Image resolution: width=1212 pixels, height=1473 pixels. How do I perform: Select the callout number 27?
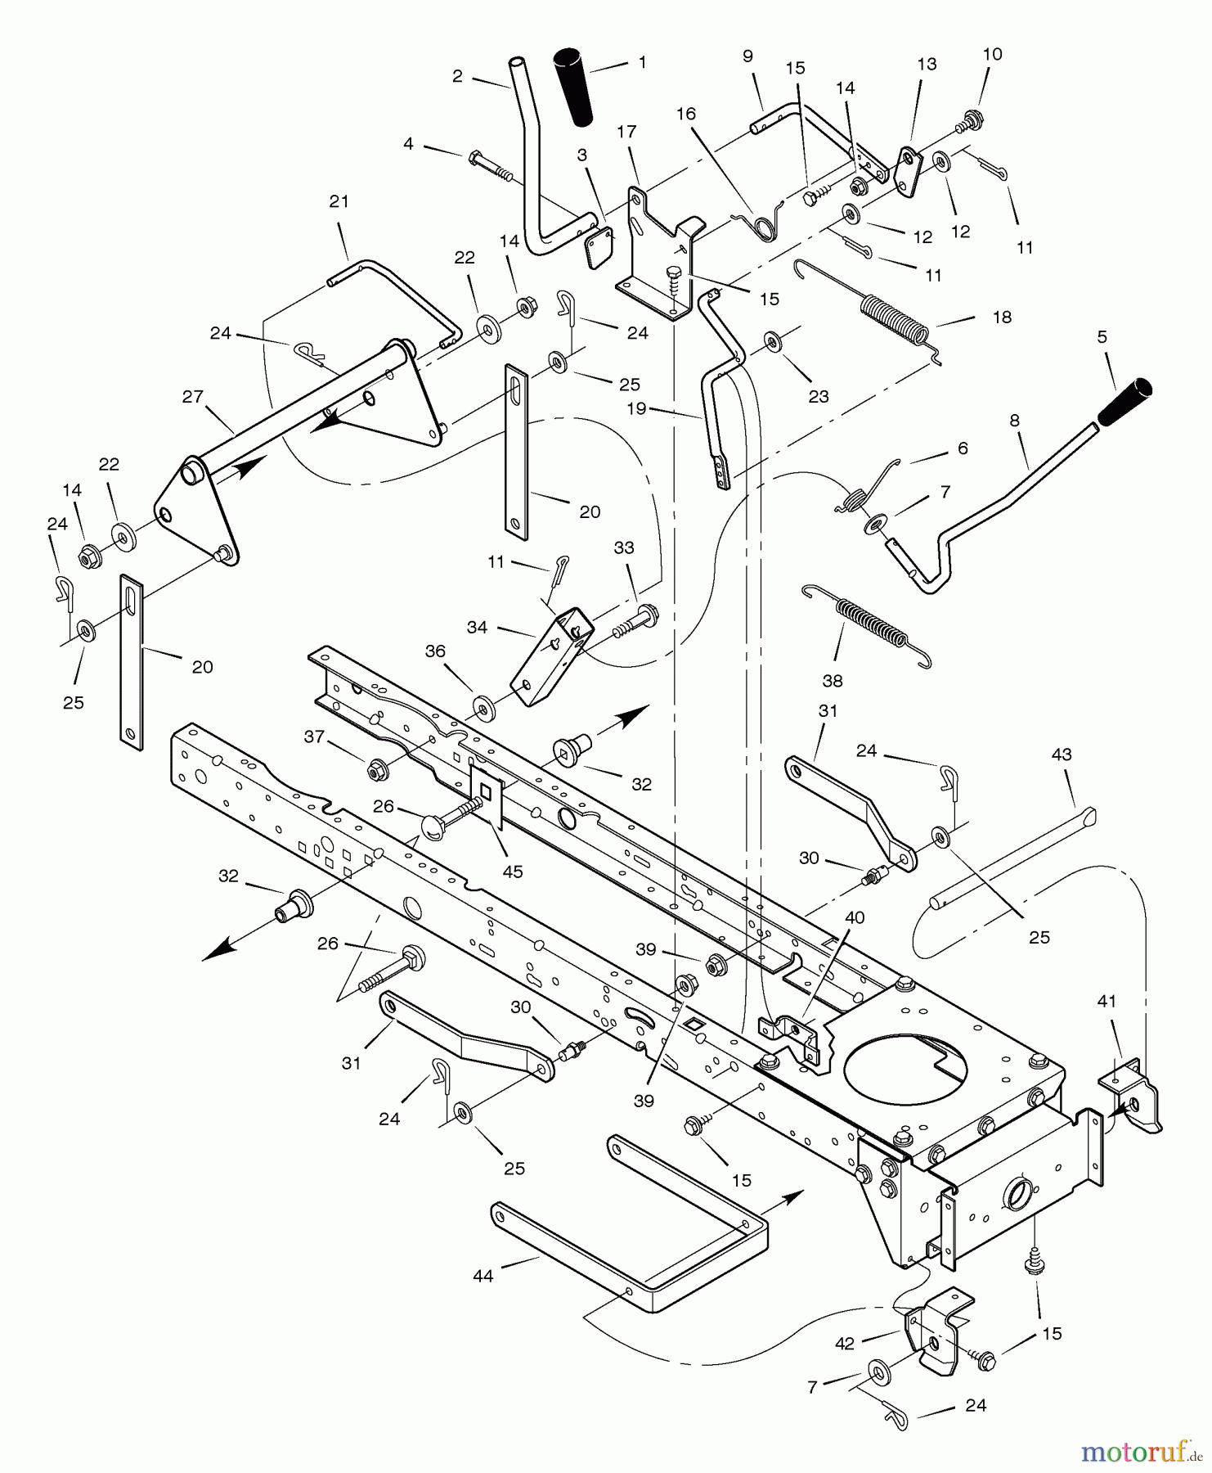(x=193, y=398)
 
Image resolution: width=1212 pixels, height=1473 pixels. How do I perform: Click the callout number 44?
(x=483, y=1275)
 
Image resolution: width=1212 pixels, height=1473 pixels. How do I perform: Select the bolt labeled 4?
(x=491, y=165)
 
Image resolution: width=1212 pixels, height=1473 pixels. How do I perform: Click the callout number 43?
(x=1062, y=755)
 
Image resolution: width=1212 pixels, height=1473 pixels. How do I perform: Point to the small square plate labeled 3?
(x=597, y=248)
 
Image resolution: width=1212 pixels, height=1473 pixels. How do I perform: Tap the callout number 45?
(x=513, y=872)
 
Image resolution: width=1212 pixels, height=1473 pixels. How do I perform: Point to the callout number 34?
(x=477, y=628)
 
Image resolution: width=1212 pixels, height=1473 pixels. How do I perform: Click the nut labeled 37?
(x=377, y=768)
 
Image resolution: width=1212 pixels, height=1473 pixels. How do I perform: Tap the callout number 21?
(x=339, y=201)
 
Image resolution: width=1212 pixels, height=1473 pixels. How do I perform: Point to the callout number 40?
(x=854, y=918)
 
